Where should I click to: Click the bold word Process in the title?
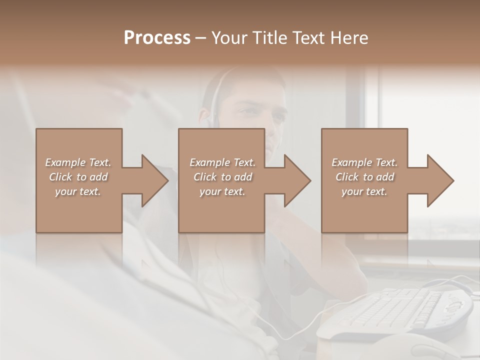157,38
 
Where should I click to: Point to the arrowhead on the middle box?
296,180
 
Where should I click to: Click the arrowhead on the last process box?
439,180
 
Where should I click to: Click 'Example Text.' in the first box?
78,162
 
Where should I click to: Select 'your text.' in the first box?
78,191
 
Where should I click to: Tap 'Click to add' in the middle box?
222,177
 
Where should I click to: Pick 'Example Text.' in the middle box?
222,162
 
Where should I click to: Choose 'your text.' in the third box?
364,191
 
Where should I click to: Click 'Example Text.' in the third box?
364,162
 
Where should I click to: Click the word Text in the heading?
306,38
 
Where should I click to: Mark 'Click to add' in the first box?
78,177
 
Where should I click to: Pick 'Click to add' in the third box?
364,177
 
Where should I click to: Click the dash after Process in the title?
200,38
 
